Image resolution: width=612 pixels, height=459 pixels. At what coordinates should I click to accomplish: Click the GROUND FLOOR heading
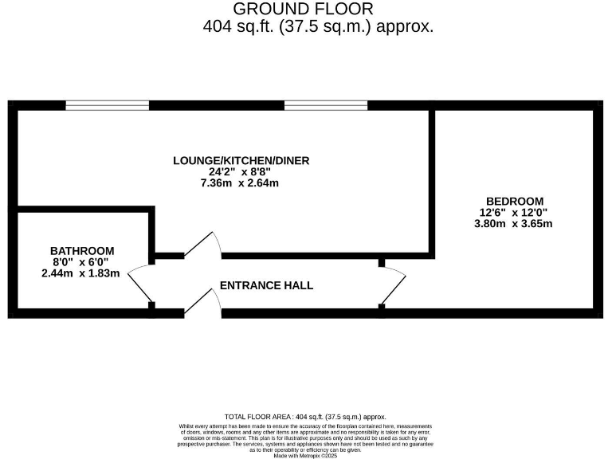302,9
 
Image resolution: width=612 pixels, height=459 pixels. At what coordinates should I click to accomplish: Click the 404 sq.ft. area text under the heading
318,26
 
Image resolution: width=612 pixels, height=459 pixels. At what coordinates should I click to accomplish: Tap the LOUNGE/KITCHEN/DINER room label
241,160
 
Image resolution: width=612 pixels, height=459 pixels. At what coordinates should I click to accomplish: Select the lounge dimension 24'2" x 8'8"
241,171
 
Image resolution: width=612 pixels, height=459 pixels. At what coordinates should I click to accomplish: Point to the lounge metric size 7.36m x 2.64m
241,183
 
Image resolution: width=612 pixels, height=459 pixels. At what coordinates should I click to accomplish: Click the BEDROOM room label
514,201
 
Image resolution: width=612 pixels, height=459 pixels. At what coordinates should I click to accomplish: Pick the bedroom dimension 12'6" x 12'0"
514,212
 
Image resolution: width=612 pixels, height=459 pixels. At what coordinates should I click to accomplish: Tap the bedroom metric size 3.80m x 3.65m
514,223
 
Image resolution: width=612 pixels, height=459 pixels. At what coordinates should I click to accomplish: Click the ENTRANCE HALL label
266,285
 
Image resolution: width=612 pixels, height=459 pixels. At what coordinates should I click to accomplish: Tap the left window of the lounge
107,104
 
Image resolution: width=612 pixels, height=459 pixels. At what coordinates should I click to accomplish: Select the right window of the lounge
326,104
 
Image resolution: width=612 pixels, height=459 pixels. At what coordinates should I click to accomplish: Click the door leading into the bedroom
394,284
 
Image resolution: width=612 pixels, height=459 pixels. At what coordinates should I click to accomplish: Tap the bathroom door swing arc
139,284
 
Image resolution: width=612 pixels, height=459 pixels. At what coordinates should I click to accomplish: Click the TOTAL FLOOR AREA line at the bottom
305,417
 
